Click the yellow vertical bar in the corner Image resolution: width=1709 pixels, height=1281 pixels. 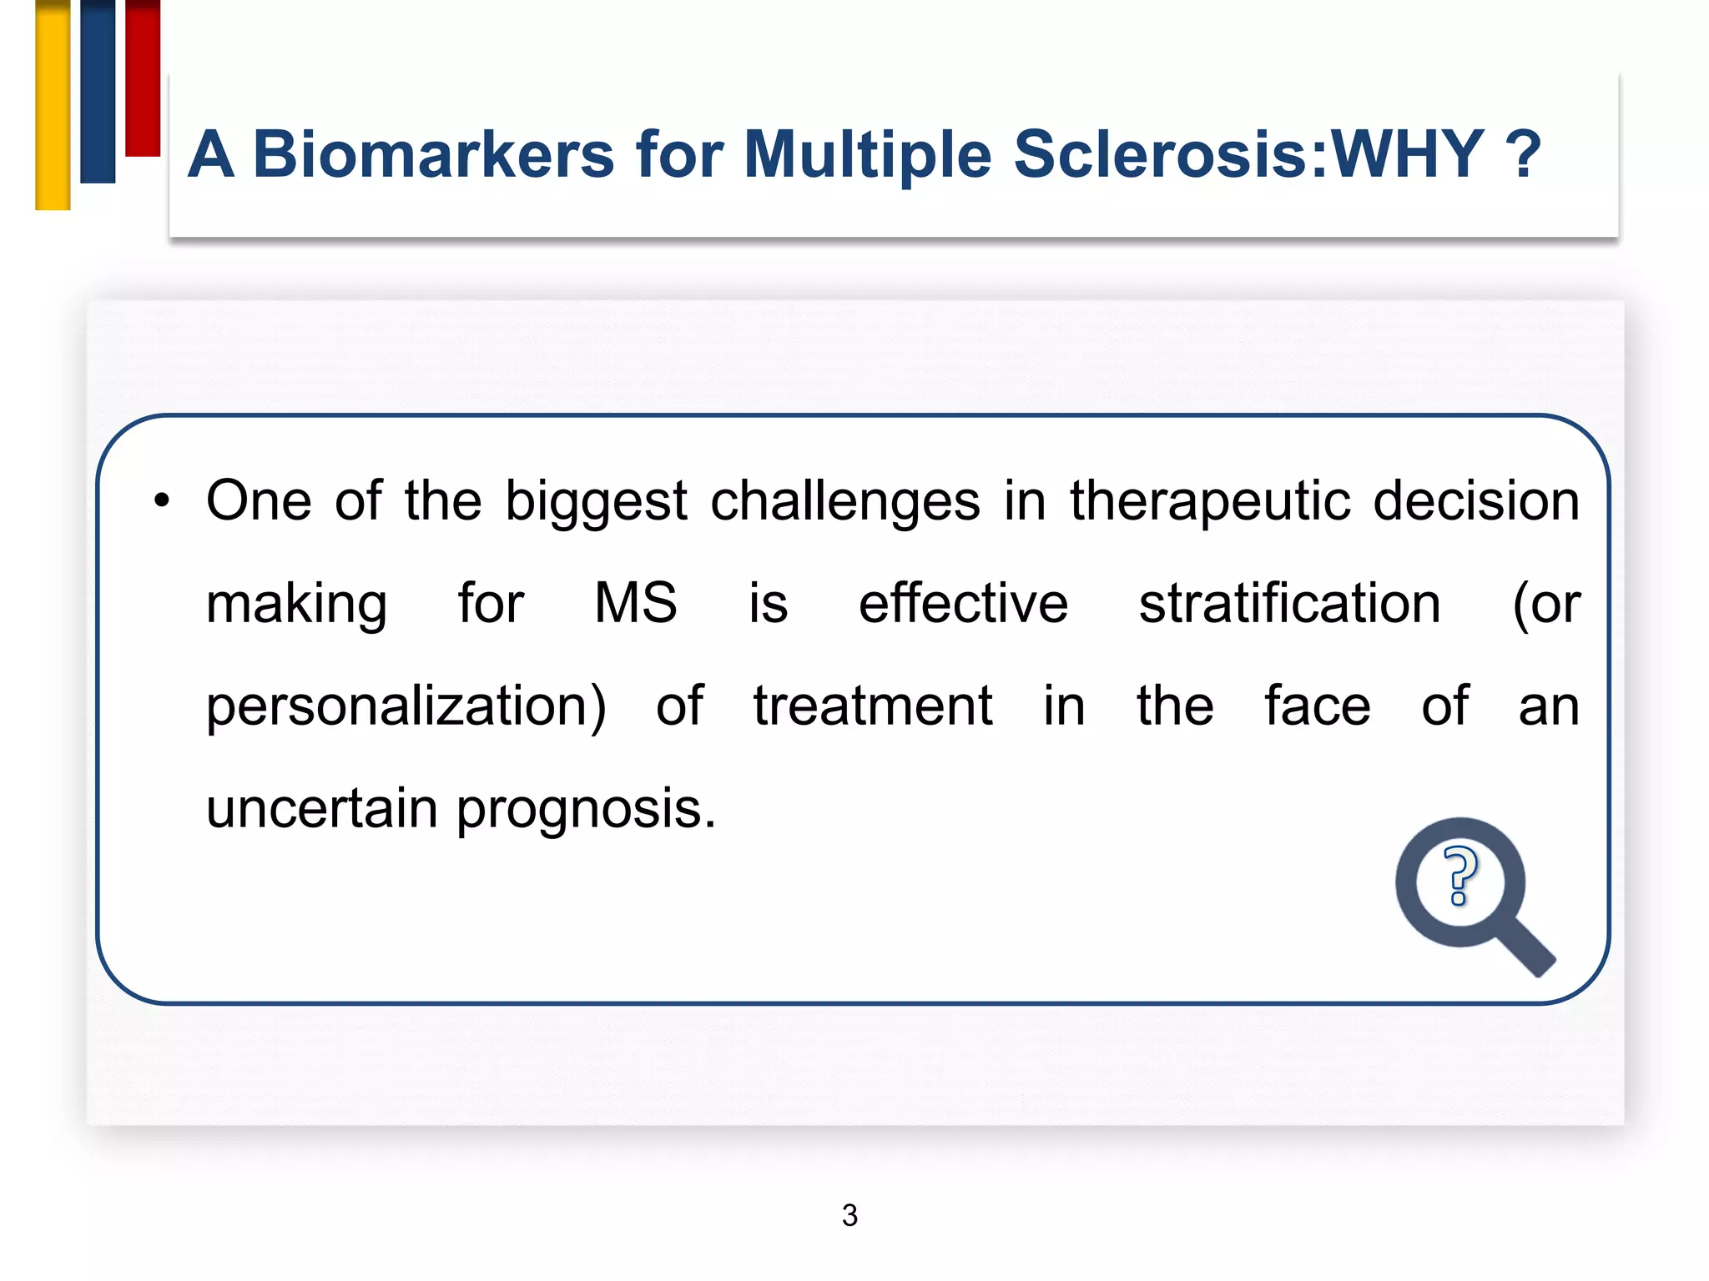pyautogui.click(x=53, y=104)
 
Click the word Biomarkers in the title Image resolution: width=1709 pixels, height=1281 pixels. pyautogui.click(x=433, y=155)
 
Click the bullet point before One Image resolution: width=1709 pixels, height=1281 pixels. pyautogui.click(x=161, y=501)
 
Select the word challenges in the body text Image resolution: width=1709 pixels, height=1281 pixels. pyautogui.click(x=844, y=501)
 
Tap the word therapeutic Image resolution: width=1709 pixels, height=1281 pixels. pyautogui.click(x=1209, y=501)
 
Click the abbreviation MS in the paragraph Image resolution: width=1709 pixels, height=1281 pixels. pyautogui.click(x=635, y=603)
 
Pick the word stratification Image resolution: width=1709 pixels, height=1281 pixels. pyautogui.click(x=1289, y=603)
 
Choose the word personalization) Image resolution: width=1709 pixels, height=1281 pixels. pyautogui.click(x=406, y=707)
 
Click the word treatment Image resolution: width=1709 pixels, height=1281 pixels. pyautogui.click(x=872, y=706)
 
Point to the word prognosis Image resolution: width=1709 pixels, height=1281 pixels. pyautogui.click(x=586, y=809)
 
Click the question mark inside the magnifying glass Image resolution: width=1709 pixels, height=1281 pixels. pyautogui.click(x=1459, y=875)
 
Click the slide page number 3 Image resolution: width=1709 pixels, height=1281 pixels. pyautogui.click(x=849, y=1215)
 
